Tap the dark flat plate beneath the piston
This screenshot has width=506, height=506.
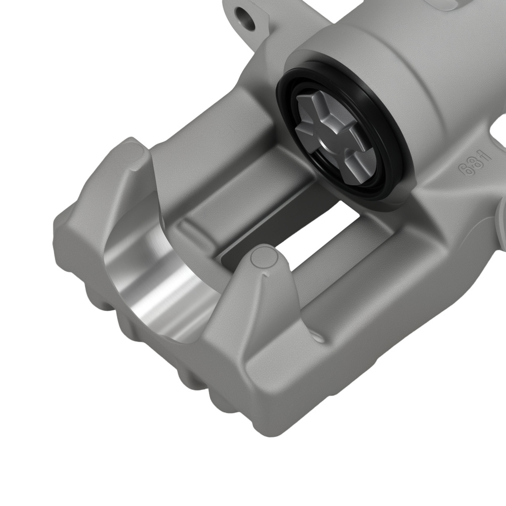coord(263,228)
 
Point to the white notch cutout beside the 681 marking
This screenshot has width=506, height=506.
coord(498,134)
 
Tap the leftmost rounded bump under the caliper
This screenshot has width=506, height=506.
coord(66,273)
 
